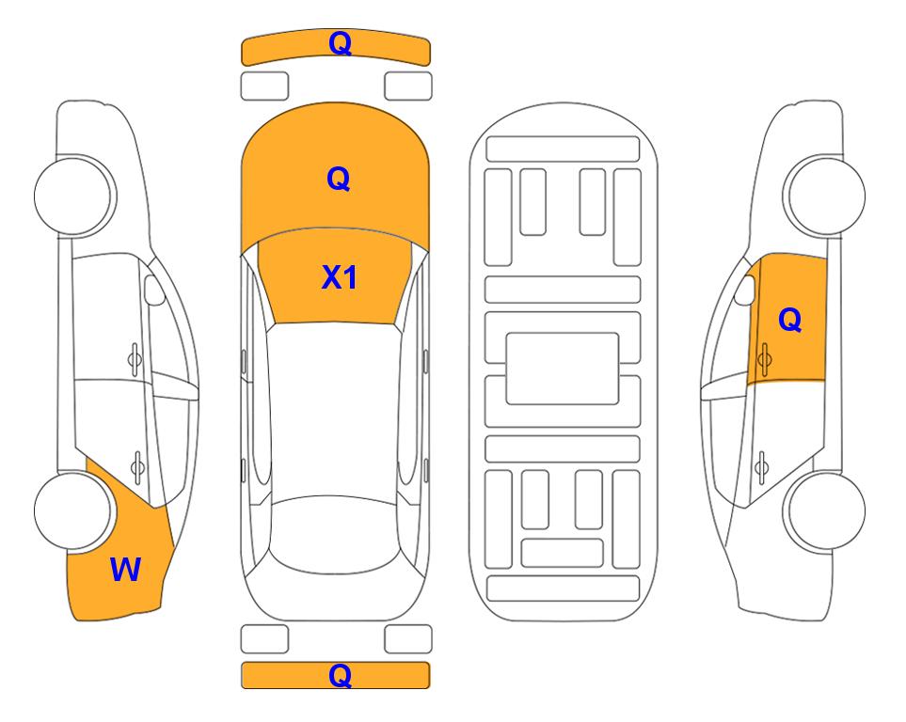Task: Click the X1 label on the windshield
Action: pyautogui.click(x=340, y=277)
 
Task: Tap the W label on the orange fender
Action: pyautogui.click(x=125, y=569)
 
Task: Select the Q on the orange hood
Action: pyautogui.click(x=339, y=179)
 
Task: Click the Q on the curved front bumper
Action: pyautogui.click(x=340, y=42)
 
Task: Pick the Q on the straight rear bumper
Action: pyautogui.click(x=340, y=675)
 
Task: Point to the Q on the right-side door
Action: pyautogui.click(x=790, y=320)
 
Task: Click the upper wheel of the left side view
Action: pyautogui.click(x=74, y=196)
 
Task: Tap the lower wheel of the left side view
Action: pyautogui.click(x=74, y=511)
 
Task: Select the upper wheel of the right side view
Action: pyautogui.click(x=824, y=196)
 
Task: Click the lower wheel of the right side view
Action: pyautogui.click(x=824, y=511)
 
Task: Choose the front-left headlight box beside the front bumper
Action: pyautogui.click(x=264, y=86)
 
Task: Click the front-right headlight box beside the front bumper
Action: pyautogui.click(x=408, y=86)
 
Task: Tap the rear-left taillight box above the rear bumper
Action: pyautogui.click(x=264, y=639)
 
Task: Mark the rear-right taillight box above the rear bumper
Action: pyautogui.click(x=408, y=639)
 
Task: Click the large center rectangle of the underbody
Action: pyautogui.click(x=563, y=369)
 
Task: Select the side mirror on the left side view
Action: pyautogui.click(x=153, y=290)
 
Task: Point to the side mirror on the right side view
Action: pyautogui.click(x=745, y=290)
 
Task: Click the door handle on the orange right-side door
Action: pyautogui.click(x=764, y=359)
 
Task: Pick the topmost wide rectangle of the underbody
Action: pyautogui.click(x=563, y=149)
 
